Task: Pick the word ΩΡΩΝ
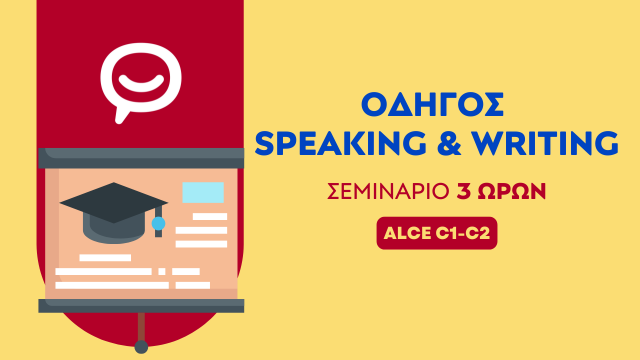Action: pos(511,192)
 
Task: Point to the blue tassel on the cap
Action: pos(157,226)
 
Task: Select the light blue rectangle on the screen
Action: pos(203,193)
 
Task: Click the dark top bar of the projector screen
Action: pos(140,157)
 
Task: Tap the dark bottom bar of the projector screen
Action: pos(140,305)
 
